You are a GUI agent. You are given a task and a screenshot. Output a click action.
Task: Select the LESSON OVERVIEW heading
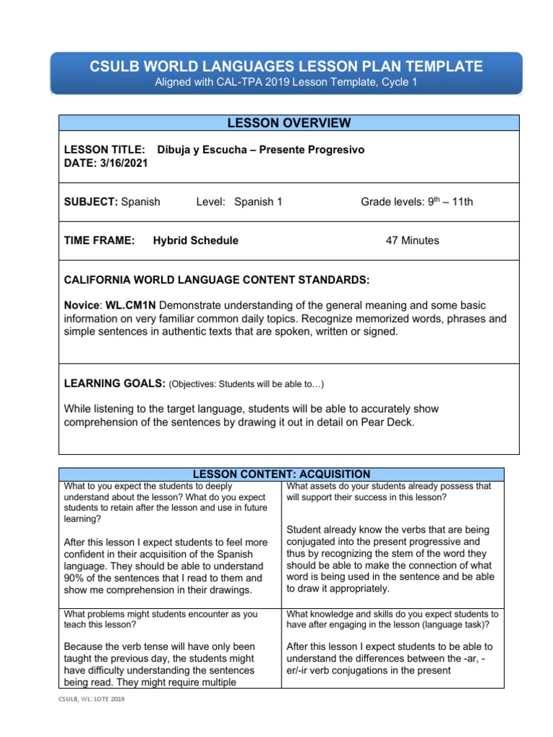(x=288, y=123)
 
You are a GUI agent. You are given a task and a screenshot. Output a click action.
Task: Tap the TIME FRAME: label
(x=99, y=240)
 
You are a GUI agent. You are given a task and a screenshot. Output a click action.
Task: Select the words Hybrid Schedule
(x=195, y=240)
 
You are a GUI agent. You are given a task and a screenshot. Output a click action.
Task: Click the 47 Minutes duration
(x=412, y=240)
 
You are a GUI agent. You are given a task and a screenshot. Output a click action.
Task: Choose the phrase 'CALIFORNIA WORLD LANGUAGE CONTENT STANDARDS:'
(x=217, y=279)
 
